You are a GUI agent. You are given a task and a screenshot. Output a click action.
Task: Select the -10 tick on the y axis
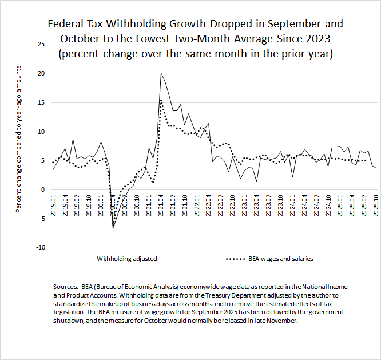pyautogui.click(x=38, y=247)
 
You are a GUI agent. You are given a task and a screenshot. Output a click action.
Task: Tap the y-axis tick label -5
pyautogui.click(x=40, y=218)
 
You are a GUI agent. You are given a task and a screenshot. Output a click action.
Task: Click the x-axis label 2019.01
pyautogui.click(x=53, y=204)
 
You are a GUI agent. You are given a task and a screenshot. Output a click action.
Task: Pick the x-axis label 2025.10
pyautogui.click(x=375, y=204)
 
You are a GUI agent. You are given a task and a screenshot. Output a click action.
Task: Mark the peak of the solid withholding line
pyautogui.click(x=161, y=73)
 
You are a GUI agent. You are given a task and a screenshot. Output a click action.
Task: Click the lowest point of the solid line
pyautogui.click(x=113, y=228)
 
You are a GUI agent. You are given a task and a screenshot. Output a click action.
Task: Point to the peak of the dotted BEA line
pyautogui.click(x=161, y=100)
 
